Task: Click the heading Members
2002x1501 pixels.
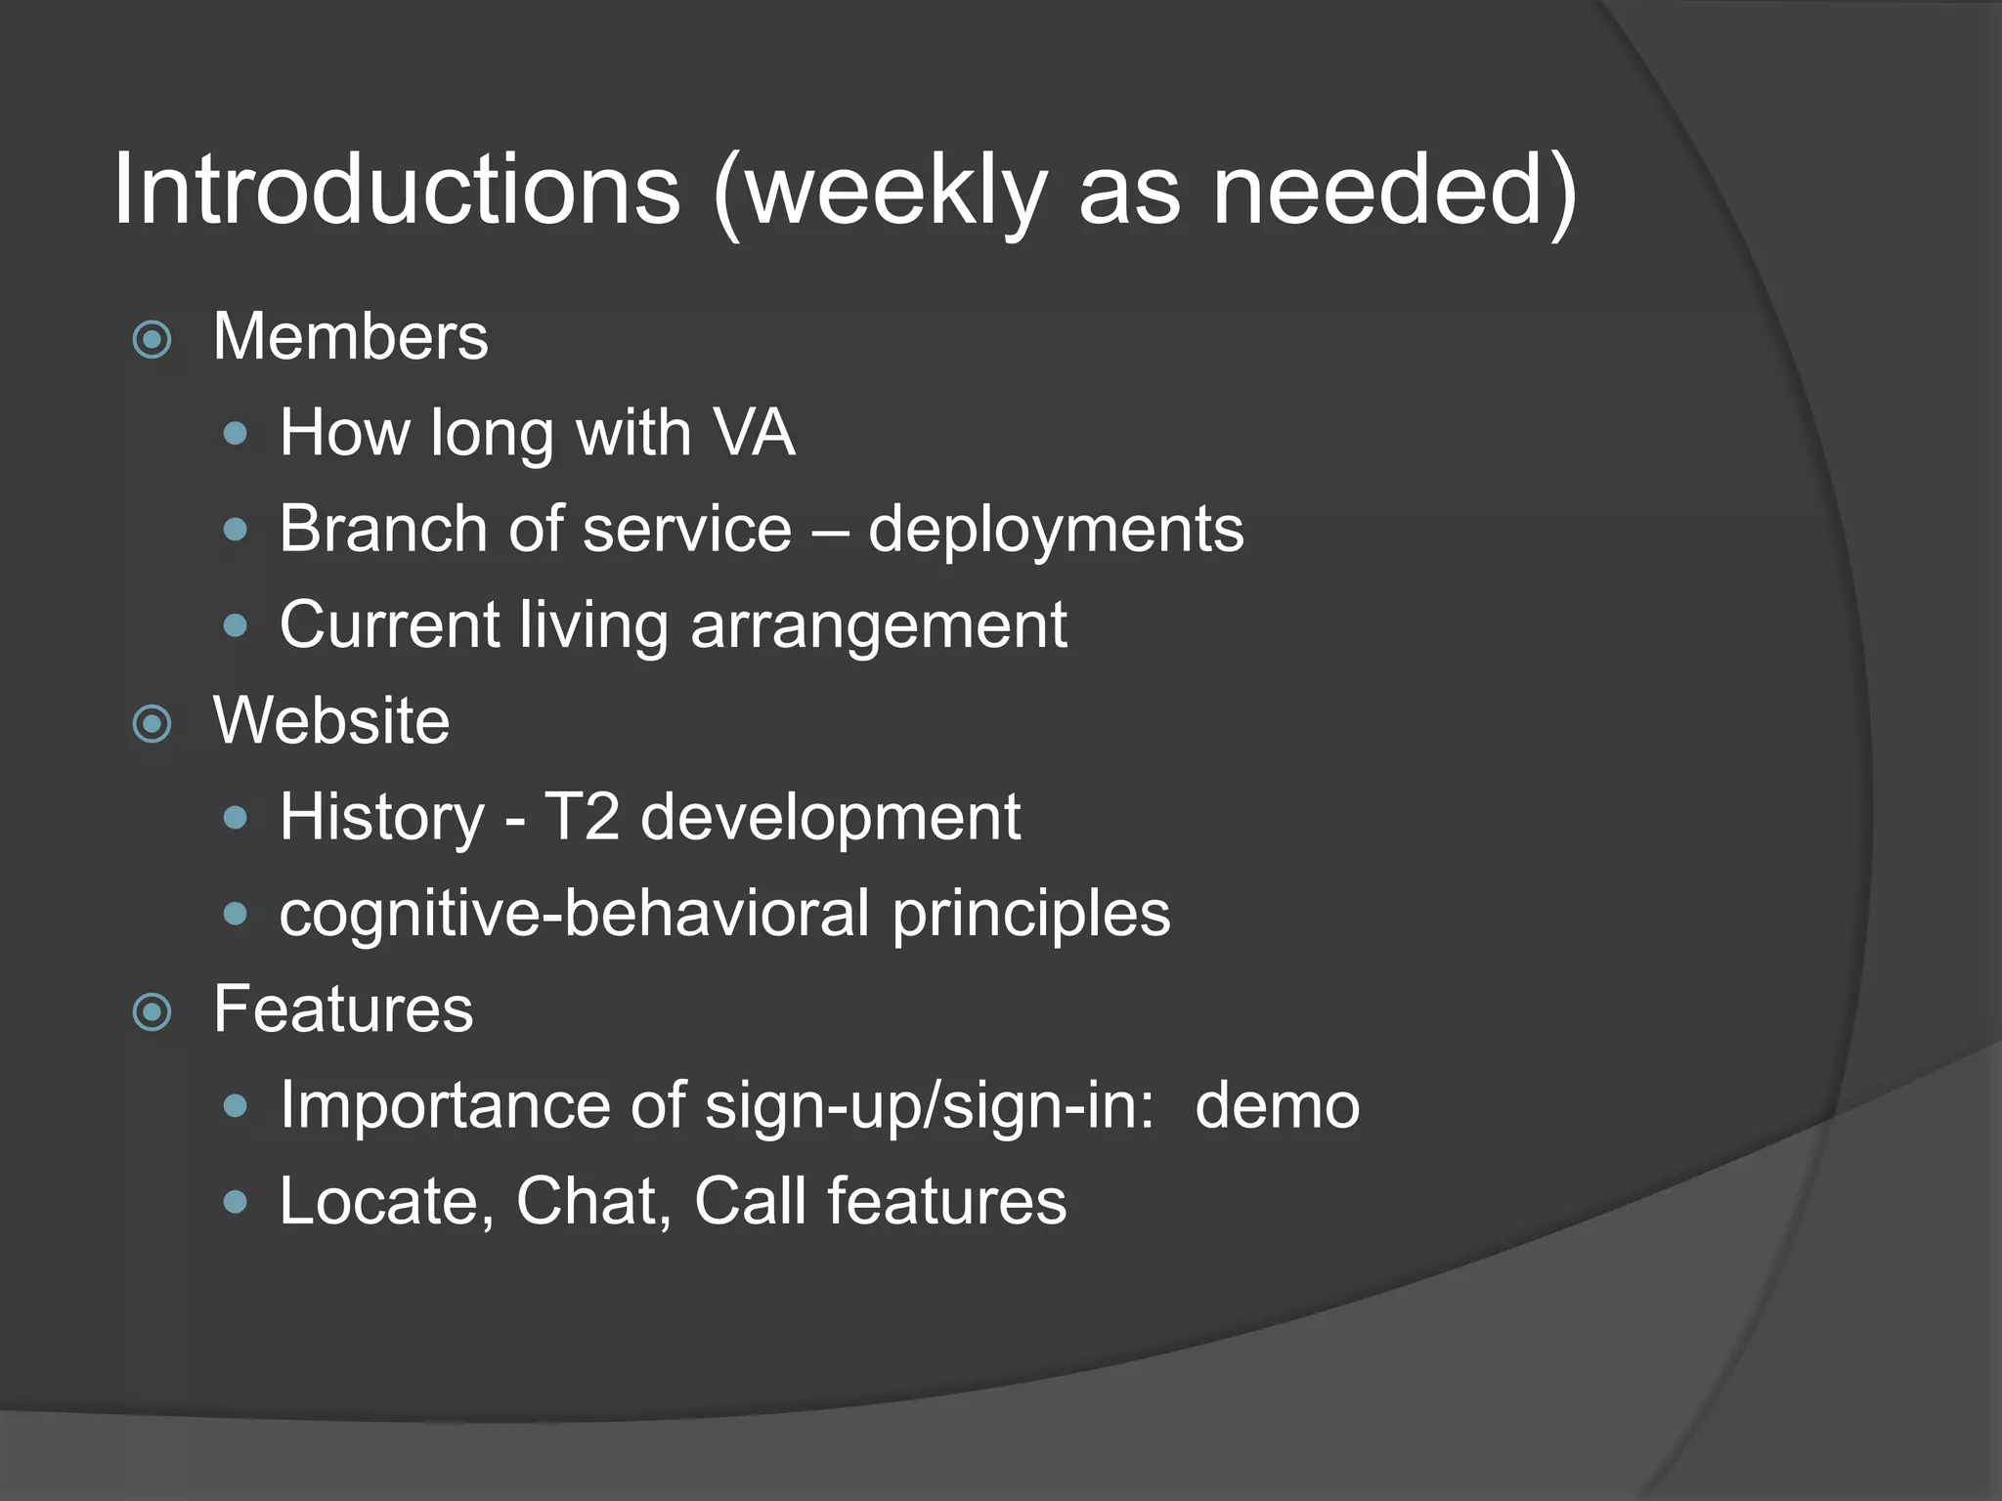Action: tap(350, 337)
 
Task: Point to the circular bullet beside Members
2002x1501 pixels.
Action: tap(152, 340)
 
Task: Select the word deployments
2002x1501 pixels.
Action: tap(1056, 531)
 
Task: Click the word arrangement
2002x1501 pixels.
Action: tap(879, 625)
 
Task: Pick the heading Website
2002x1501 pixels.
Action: tap(331, 721)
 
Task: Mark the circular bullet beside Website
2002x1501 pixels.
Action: tap(152, 724)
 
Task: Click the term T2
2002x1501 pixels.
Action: tap(581, 817)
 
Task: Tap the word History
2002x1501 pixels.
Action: tap(382, 818)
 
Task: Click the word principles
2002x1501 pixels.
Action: tap(1030, 915)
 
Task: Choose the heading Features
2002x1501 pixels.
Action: tap(343, 1008)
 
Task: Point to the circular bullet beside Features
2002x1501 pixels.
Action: tap(152, 1012)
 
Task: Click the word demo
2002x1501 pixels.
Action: tap(1277, 1105)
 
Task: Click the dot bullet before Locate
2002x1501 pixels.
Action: tap(236, 1201)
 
